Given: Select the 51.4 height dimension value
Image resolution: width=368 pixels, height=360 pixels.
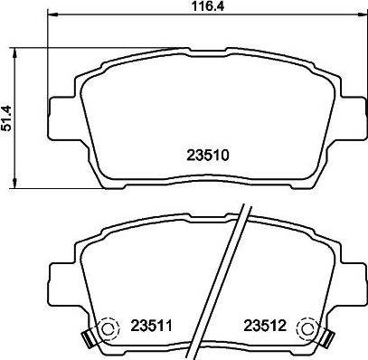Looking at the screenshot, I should [8, 118].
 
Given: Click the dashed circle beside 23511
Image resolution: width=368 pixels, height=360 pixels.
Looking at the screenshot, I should [108, 327].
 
